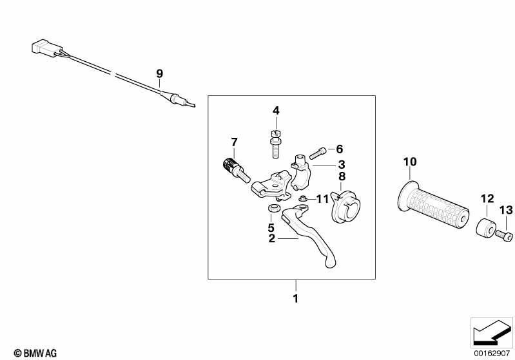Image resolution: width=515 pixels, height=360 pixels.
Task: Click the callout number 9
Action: (159, 73)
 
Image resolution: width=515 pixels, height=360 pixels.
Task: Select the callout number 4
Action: (276, 111)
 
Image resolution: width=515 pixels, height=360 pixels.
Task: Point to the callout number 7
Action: (234, 142)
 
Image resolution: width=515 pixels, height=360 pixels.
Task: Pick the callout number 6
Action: (339, 149)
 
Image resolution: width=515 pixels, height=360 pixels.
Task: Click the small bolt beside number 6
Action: (318, 153)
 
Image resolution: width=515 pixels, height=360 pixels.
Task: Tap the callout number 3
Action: (342, 165)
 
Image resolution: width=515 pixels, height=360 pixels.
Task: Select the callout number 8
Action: (342, 176)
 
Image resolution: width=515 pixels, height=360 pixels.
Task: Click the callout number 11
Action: (322, 198)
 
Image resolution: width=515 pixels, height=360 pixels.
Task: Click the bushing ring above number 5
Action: (273, 208)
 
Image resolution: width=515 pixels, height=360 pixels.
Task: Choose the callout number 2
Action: (271, 238)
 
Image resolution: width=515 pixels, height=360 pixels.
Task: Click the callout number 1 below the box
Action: (296, 299)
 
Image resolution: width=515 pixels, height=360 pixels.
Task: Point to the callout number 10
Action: (410, 162)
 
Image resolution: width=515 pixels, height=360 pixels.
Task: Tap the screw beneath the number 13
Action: (504, 235)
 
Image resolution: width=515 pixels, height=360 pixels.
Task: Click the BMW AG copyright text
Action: (35, 353)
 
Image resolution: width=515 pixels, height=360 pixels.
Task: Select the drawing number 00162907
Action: (492, 354)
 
